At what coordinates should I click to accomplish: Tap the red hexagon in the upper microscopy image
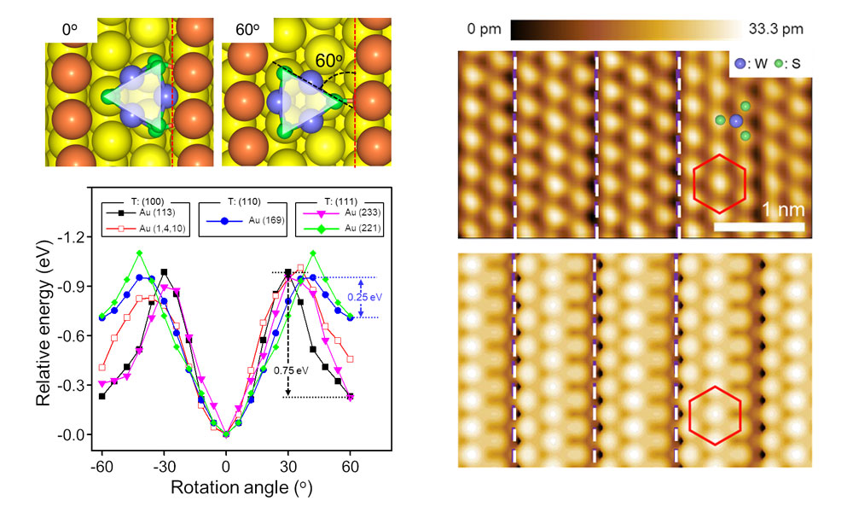coord(719,183)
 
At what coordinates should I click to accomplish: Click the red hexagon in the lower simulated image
coord(716,415)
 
